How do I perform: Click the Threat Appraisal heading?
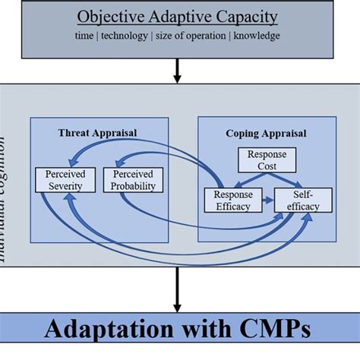click(97, 133)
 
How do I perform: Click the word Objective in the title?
click(111, 17)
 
